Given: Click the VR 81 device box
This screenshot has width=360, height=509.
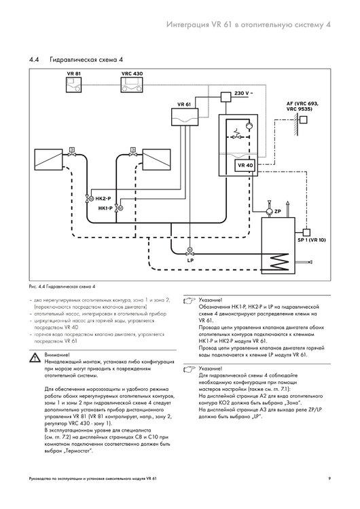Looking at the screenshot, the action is pos(74,85).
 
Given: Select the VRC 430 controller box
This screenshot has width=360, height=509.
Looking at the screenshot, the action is pos(132,85).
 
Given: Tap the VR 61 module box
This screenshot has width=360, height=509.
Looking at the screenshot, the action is pos(185,117).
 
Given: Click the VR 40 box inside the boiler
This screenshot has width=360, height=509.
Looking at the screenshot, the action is pos(245,165).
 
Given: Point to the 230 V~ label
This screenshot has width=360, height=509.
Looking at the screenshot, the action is pos(243,93).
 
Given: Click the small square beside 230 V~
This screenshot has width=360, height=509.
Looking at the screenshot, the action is pos(226,97).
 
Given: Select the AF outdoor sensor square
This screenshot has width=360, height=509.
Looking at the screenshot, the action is pos(304,120).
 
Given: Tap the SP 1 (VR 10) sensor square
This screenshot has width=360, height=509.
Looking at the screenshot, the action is pos(306,232).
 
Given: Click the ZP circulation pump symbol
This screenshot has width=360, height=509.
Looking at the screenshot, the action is pos(269,211).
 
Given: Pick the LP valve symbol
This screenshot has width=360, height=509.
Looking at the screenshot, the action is pos(189,252).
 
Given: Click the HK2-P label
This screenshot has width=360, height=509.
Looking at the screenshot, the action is pos(103,198).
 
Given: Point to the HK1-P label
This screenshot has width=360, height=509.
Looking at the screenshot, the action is pos(105,208).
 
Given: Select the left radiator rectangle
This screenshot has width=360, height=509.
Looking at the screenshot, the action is pos(48,159).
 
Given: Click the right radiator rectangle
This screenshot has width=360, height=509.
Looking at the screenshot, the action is pos(157,159).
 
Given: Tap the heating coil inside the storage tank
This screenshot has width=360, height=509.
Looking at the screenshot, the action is pos(277,261).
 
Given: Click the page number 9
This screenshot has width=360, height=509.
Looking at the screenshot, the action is pos(329,478).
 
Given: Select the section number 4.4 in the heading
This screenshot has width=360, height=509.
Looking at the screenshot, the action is pos(34,60).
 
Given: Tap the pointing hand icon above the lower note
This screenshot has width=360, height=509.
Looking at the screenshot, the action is pos(190,369).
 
